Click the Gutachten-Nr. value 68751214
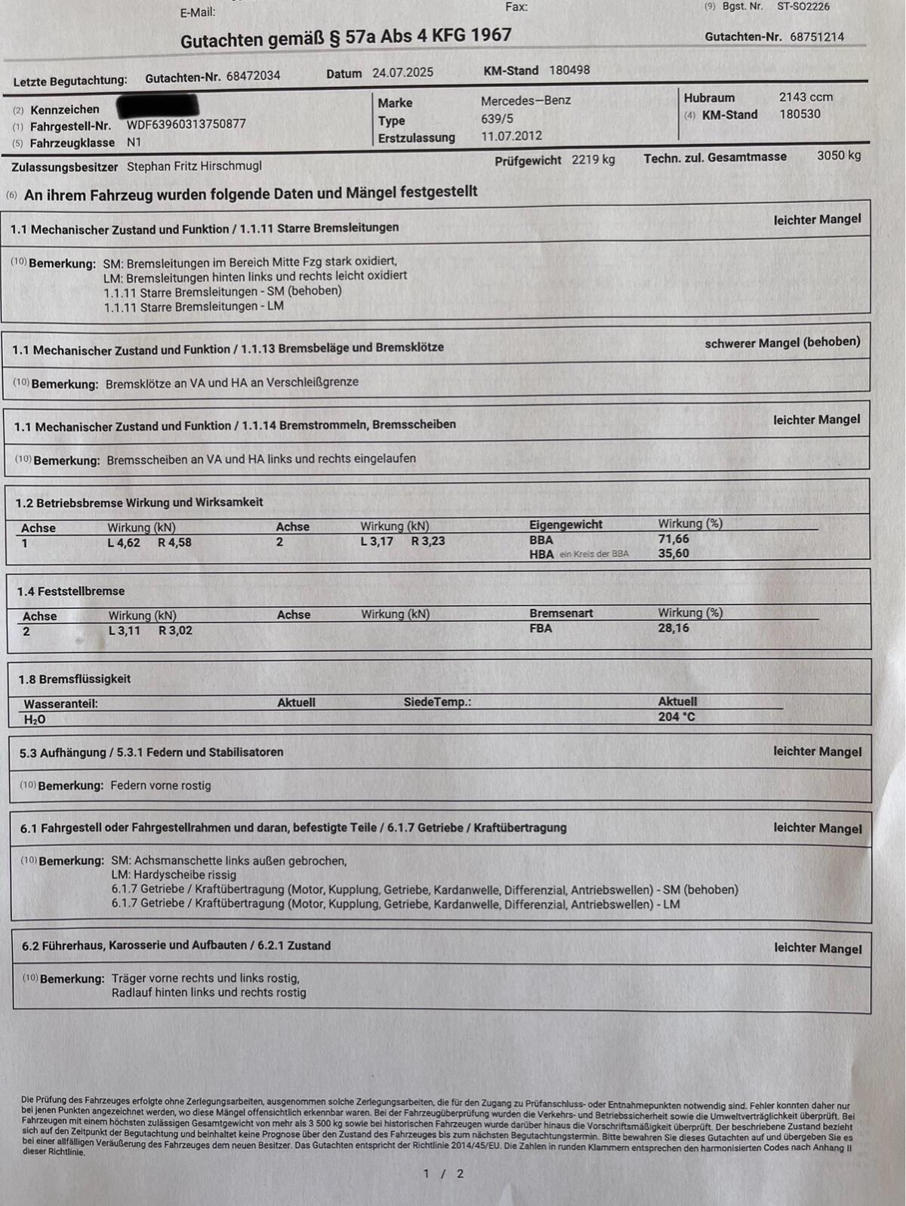click(x=817, y=37)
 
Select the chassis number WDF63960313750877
click(x=186, y=125)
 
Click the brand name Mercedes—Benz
click(x=525, y=100)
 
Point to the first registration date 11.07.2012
click(x=511, y=137)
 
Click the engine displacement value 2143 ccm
click(x=806, y=97)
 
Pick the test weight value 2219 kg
click(x=593, y=160)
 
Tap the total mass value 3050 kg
click(x=838, y=155)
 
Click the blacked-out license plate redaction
click(x=158, y=105)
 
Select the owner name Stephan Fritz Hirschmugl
click(x=194, y=166)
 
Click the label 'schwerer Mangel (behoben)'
click(x=782, y=343)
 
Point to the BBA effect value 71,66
click(x=673, y=539)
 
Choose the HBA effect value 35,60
click(x=673, y=553)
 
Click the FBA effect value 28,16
click(x=673, y=628)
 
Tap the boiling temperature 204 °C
click(x=676, y=717)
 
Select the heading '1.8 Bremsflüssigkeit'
click(x=74, y=679)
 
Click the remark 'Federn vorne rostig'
click(x=161, y=786)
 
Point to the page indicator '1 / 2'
click(x=443, y=1174)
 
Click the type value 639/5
click(x=497, y=118)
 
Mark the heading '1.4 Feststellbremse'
click(x=71, y=592)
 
